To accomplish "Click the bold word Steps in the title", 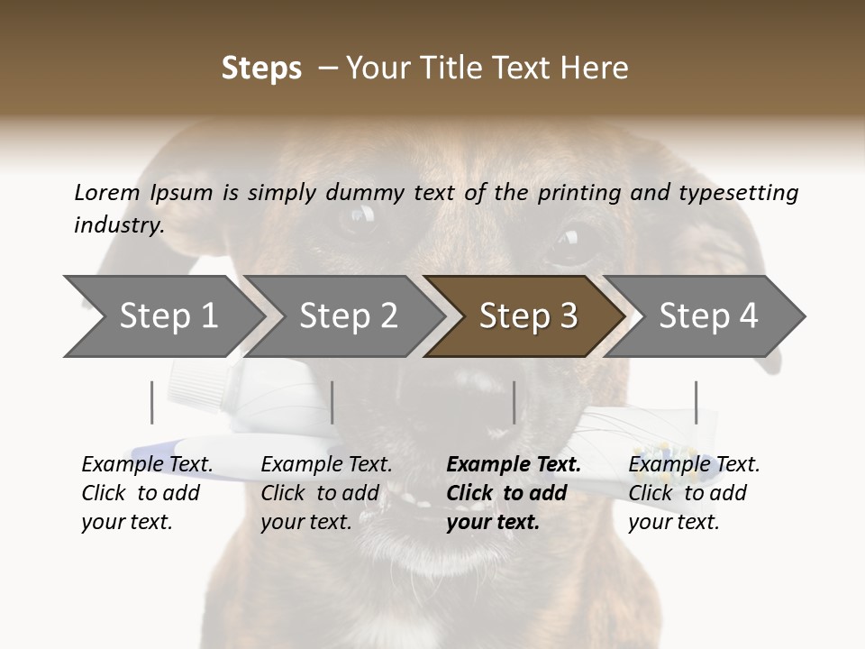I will (x=261, y=69).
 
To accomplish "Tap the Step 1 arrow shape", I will (x=162, y=316).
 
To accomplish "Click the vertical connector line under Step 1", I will (x=152, y=402).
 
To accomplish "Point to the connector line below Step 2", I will (x=332, y=402).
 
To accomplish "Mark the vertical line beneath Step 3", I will (x=514, y=402).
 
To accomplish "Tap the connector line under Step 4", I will (x=697, y=402).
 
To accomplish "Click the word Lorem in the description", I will (x=107, y=192).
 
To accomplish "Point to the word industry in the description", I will (x=119, y=225).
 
